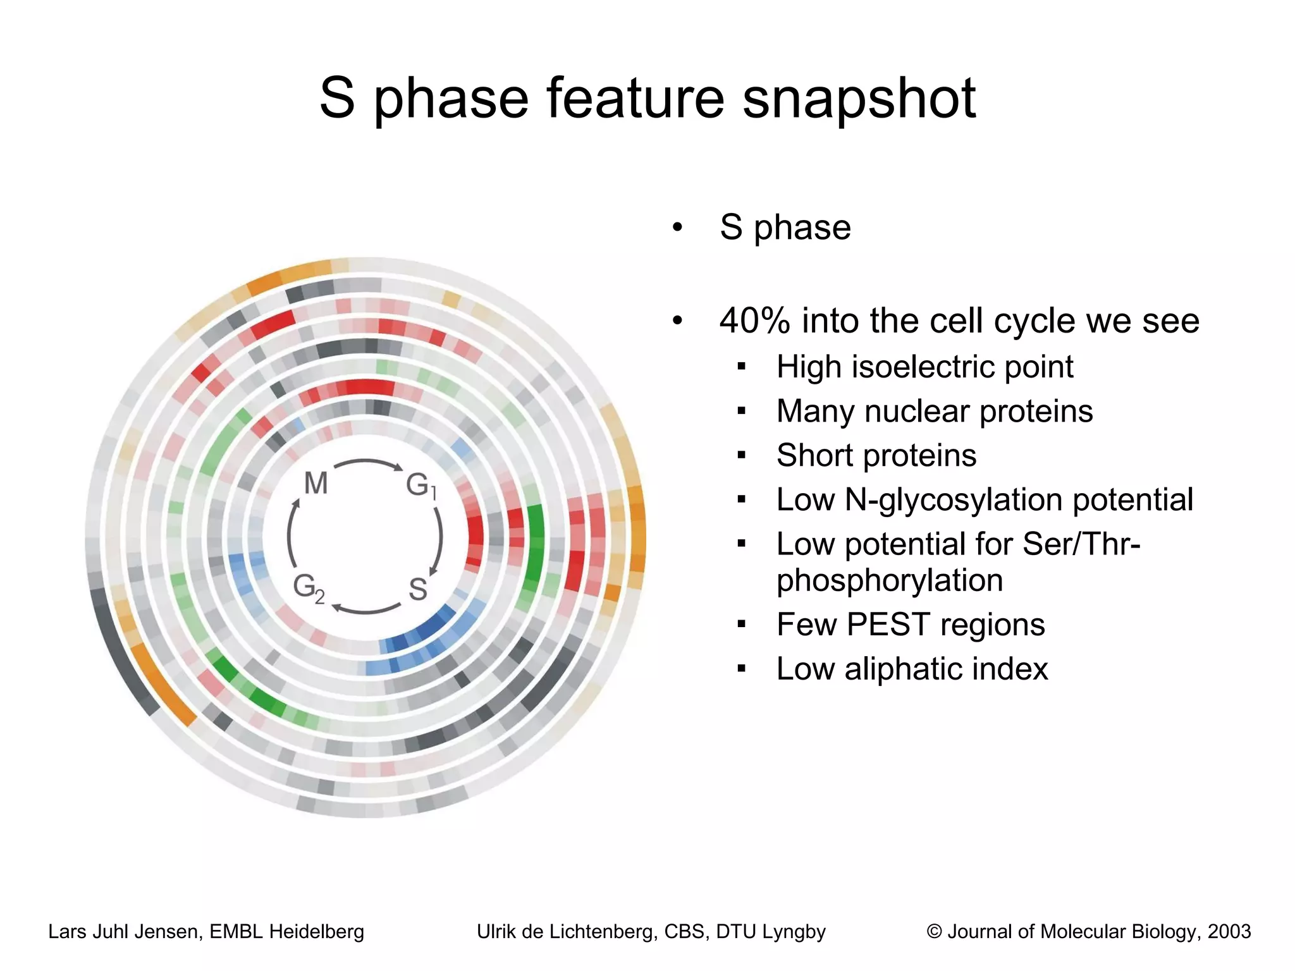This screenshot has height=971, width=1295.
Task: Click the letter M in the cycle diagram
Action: coord(316,484)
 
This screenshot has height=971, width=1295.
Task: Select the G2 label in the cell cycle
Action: coord(309,588)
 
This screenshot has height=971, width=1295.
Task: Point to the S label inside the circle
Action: coord(418,589)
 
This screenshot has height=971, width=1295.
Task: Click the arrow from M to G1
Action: coord(368,462)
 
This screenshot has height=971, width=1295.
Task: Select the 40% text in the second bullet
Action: coord(754,321)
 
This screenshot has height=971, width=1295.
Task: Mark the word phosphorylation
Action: coord(889,580)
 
